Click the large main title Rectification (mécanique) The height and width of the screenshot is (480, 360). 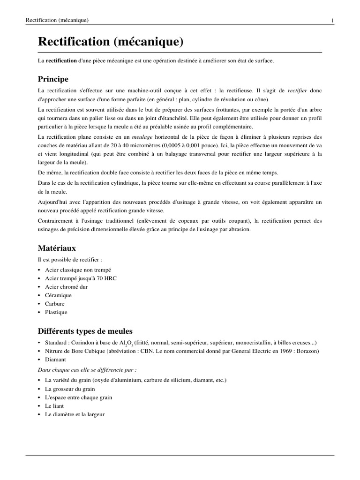pos(111,42)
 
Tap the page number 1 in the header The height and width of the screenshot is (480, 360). pos(332,20)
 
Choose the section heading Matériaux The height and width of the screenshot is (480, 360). pos(57,248)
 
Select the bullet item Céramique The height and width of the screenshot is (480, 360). pos(58,295)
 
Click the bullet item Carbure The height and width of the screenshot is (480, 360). pos(55,304)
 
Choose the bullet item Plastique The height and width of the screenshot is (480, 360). pos(56,312)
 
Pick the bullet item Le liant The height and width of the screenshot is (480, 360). pos(54,406)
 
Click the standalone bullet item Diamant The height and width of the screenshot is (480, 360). pos(55,360)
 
